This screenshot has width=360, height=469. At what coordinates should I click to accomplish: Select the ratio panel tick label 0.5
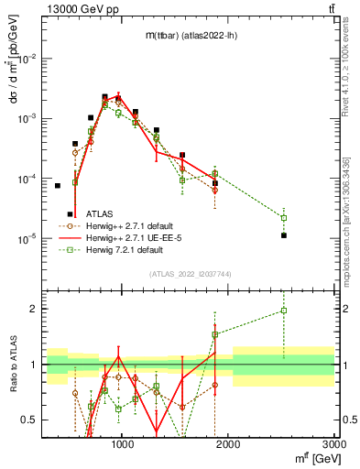(x=29, y=420)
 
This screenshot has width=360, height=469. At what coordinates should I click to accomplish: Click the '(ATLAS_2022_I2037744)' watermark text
(x=190, y=274)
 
